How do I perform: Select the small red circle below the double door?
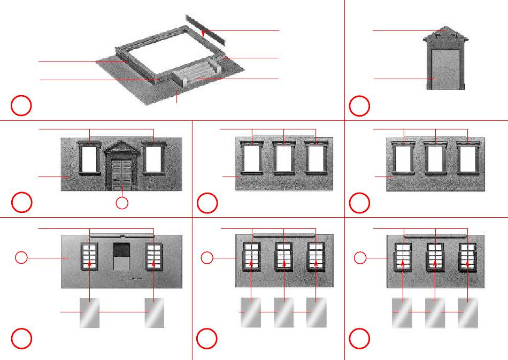click(122, 203)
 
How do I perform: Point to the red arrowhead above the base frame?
click(204, 35)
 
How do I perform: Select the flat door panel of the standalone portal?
click(445, 70)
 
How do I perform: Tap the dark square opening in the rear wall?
click(122, 250)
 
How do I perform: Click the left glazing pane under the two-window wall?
click(89, 312)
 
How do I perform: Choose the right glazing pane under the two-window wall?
click(154, 312)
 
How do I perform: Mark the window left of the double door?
click(89, 159)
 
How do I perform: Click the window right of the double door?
click(154, 159)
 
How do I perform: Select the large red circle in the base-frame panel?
click(21, 106)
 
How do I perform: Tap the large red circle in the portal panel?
click(359, 106)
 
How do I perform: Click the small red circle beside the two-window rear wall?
click(21, 258)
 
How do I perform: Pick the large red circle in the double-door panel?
click(21, 202)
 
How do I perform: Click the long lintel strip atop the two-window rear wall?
click(122, 235)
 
